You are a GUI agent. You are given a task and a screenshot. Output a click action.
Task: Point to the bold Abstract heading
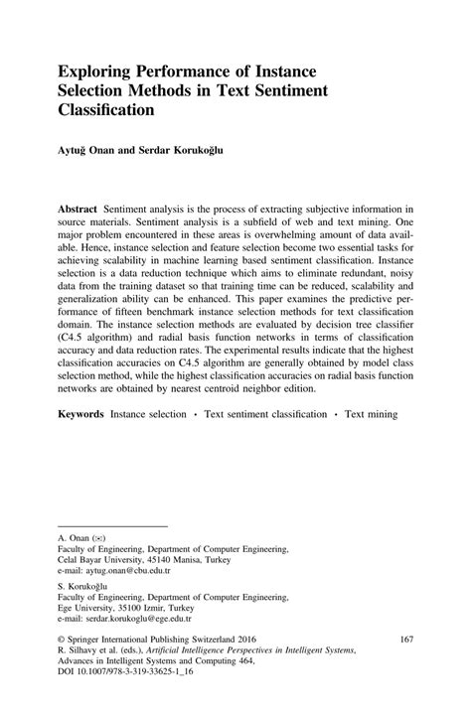[78, 212]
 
